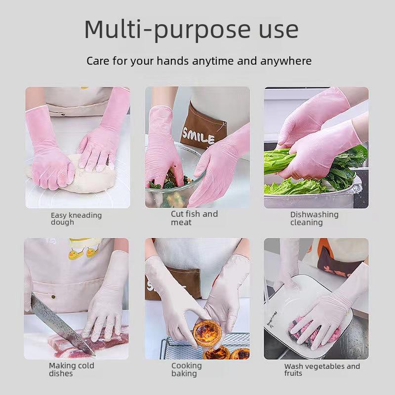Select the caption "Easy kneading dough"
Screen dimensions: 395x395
tap(76, 219)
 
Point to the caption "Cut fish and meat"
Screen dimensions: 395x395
tap(194, 218)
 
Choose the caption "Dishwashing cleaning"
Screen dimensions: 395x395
tap(314, 218)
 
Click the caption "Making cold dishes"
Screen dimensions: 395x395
tap(71, 369)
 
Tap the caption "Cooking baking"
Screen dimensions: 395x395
tap(187, 369)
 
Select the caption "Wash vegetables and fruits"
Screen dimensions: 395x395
tap(322, 370)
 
